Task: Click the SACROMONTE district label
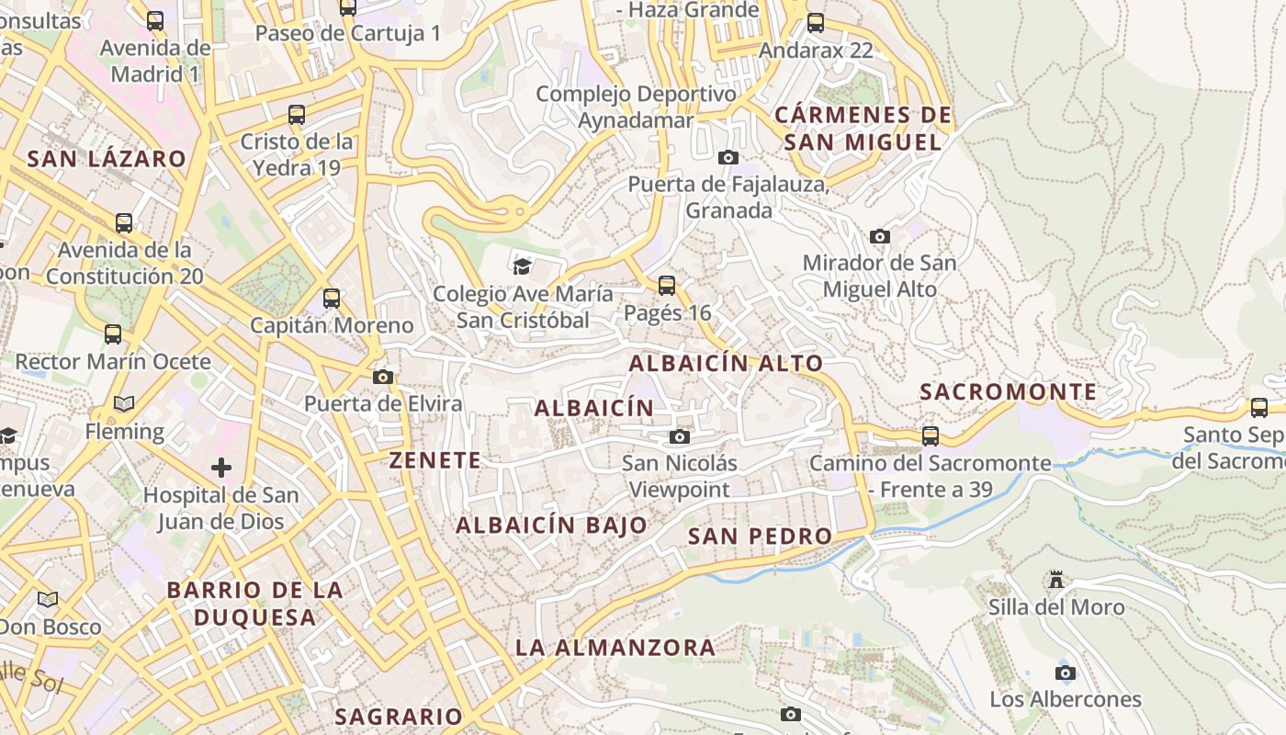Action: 1009,392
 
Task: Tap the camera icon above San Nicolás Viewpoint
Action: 680,436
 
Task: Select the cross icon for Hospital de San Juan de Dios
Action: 221,468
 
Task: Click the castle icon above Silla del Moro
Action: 1056,581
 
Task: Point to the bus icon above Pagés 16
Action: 667,286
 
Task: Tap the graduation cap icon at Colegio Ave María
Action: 522,266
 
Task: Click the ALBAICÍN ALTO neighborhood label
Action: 726,363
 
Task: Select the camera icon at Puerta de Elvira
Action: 383,377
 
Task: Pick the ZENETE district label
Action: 435,460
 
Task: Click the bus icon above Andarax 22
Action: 816,23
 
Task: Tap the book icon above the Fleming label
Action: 124,403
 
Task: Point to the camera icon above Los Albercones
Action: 1066,673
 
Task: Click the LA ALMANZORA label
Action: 615,648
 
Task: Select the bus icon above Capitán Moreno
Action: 332,299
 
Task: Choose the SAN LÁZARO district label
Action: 107,159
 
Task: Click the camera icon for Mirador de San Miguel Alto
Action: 880,236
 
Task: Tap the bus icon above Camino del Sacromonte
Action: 931,436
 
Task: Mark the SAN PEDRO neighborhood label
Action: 760,536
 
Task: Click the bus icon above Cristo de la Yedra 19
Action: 297,115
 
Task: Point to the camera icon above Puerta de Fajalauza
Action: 728,157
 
